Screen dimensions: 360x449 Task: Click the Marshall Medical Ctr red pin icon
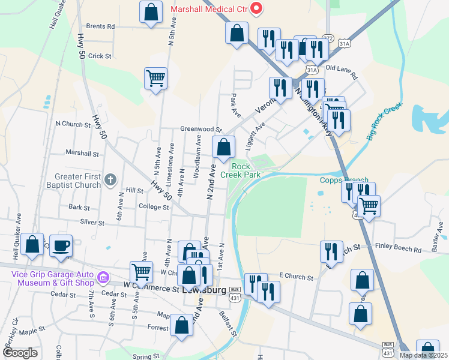click(x=256, y=8)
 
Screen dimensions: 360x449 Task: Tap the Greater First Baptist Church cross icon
click(x=110, y=179)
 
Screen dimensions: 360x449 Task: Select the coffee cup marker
click(x=61, y=246)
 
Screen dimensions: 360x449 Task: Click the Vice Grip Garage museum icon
click(x=103, y=278)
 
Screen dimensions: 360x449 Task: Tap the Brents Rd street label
click(x=100, y=26)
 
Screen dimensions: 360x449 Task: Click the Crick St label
click(x=100, y=56)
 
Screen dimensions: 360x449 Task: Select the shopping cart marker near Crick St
click(x=155, y=78)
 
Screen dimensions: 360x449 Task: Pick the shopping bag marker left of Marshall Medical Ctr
click(x=151, y=11)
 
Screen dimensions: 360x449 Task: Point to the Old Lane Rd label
click(x=341, y=71)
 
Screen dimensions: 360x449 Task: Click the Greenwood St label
click(x=201, y=129)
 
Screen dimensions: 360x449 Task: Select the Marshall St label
click(x=82, y=154)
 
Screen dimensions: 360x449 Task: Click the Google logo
click(x=20, y=353)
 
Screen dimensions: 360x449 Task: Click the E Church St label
click(x=297, y=278)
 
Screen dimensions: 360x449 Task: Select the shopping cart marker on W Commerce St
click(x=141, y=272)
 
